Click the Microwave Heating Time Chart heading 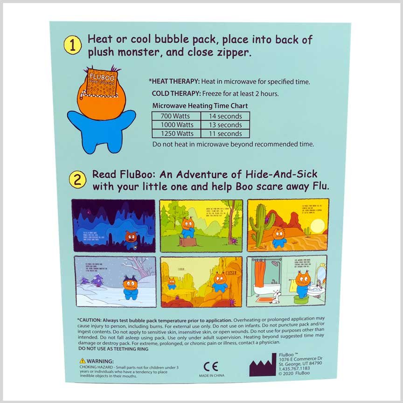[x=200, y=106]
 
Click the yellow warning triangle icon [x=83, y=361]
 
